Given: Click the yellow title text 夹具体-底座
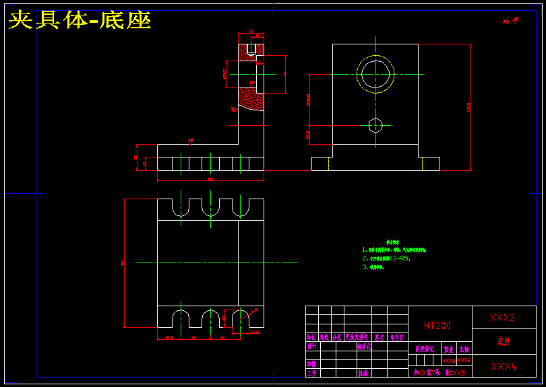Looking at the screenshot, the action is [x=80, y=20].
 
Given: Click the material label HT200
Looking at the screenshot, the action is [x=437, y=325].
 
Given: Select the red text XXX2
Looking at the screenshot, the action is [x=502, y=317].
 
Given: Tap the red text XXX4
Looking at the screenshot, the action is [x=502, y=366].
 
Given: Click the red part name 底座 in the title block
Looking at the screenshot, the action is [x=504, y=341].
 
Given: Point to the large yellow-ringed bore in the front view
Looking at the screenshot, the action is [x=375, y=74].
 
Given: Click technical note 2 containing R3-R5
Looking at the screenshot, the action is [x=386, y=258].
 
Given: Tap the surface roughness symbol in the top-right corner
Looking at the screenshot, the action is [x=511, y=21].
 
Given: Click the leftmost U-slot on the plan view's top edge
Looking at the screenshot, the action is [x=181, y=207].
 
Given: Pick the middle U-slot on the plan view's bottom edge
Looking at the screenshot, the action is [x=210, y=318].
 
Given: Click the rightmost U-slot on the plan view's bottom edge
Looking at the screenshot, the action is [x=239, y=318].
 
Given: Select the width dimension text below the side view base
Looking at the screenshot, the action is [x=210, y=180].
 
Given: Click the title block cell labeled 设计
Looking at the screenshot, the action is [x=311, y=347].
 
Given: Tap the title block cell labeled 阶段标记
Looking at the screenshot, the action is [x=425, y=349].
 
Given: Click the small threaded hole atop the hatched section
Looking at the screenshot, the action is [x=251, y=50].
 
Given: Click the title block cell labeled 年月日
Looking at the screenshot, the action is [x=398, y=338].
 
